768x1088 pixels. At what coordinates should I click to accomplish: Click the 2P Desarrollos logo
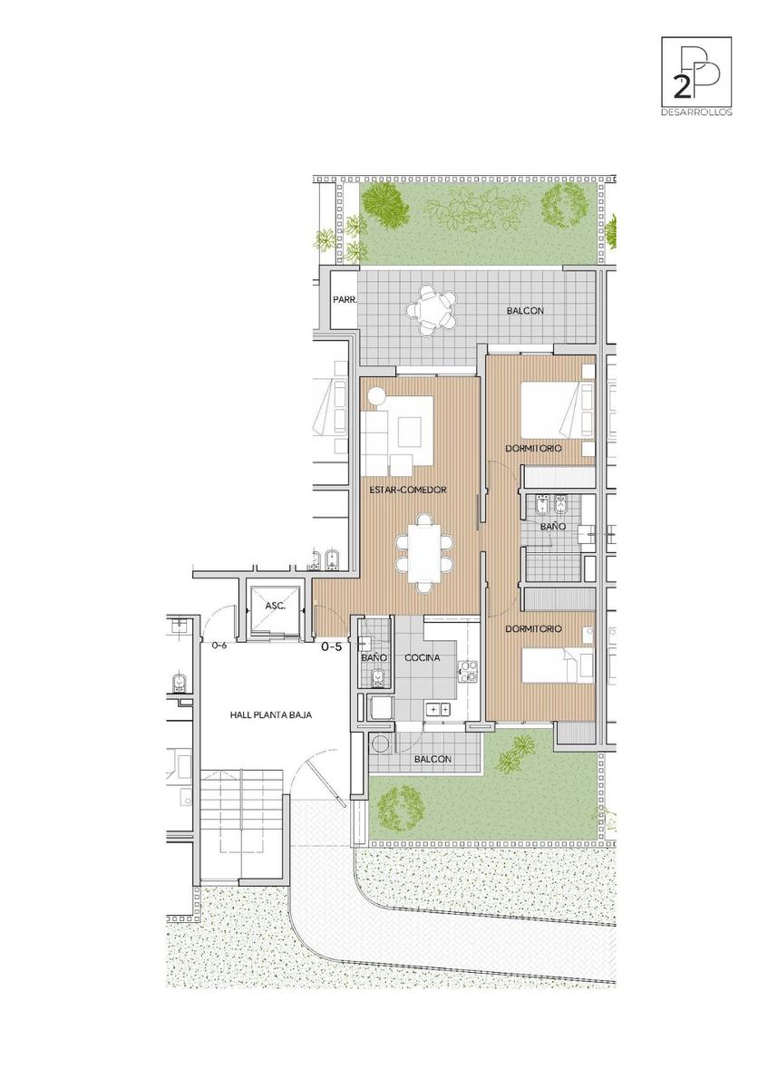696,76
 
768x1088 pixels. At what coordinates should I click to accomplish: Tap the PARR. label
345,300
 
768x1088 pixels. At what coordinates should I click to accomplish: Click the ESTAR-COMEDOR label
407,490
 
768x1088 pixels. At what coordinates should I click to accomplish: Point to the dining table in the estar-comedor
424,553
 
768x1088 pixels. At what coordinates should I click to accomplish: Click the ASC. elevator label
275,607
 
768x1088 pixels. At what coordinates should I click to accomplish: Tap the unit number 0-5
332,646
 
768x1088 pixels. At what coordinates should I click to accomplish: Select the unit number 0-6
219,646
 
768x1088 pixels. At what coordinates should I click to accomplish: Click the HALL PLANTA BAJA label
270,715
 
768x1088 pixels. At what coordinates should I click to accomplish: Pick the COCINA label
423,657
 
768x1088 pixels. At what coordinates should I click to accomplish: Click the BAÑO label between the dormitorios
553,526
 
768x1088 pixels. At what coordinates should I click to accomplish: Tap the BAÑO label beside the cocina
374,657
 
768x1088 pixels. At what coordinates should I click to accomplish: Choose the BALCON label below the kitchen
433,759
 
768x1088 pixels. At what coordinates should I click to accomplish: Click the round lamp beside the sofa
376,396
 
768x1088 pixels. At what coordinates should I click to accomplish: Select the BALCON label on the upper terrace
525,310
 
